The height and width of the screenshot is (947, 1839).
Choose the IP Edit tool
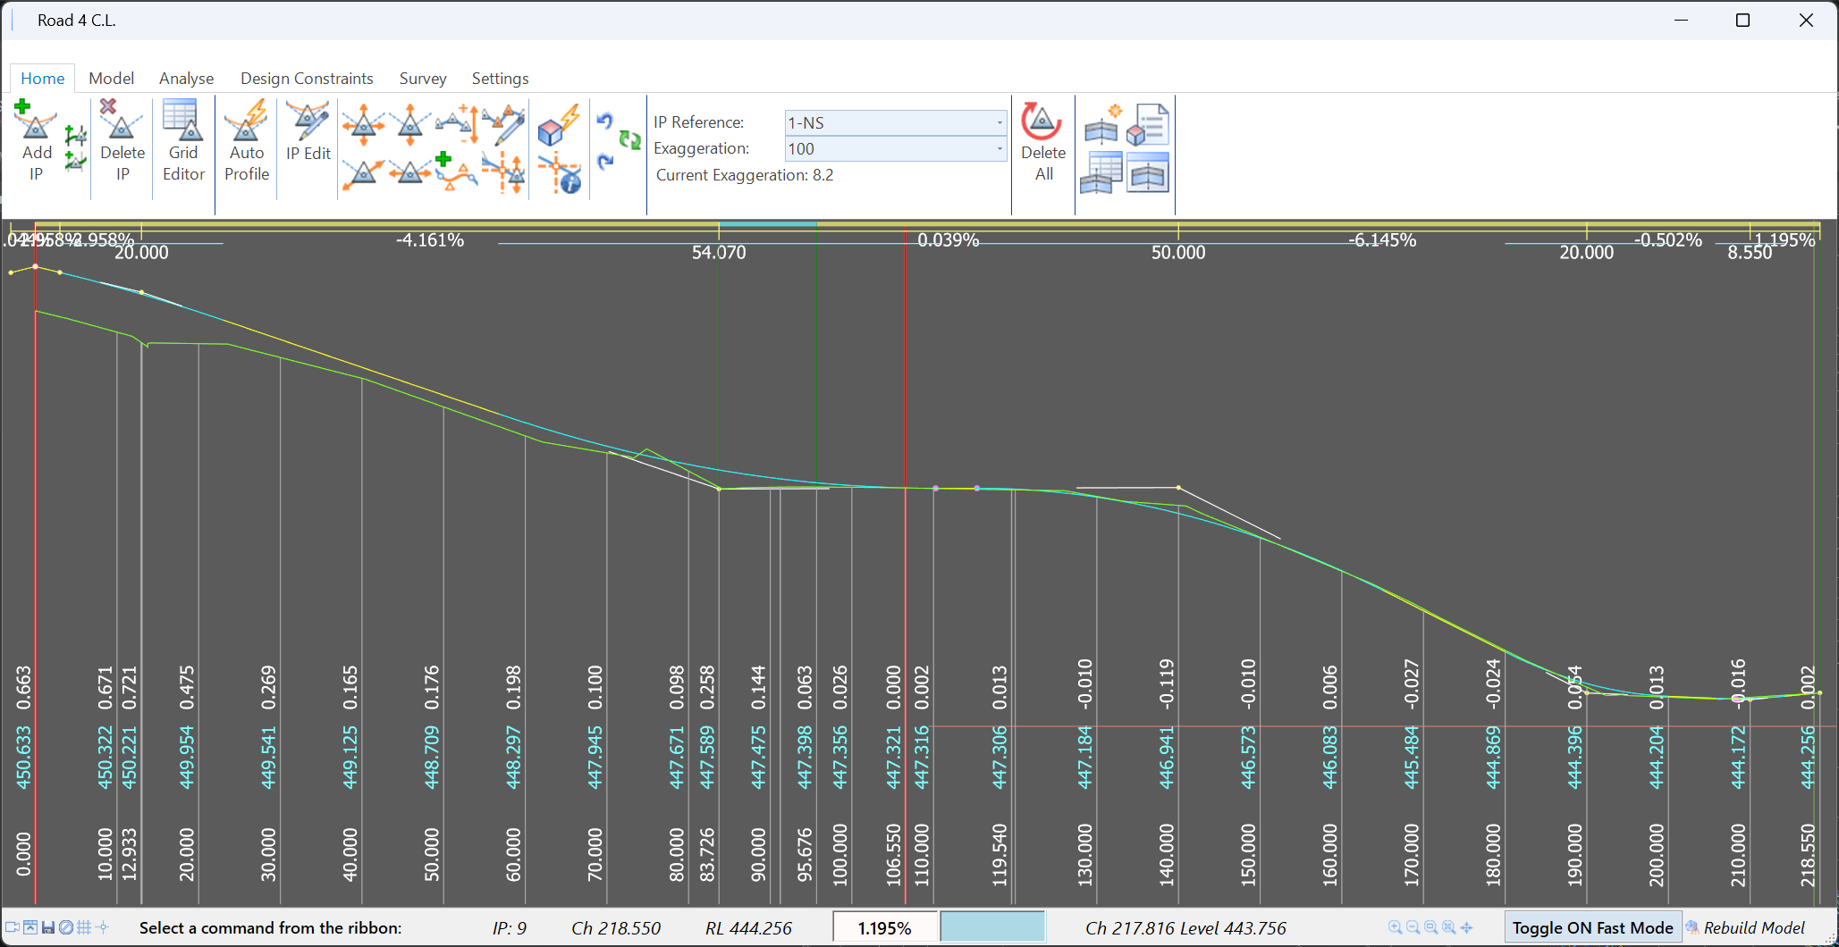308,131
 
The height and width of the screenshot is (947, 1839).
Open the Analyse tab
186,79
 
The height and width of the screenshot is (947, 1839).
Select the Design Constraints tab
307,79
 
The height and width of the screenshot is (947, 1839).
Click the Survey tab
423,79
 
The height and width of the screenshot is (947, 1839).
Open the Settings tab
500,79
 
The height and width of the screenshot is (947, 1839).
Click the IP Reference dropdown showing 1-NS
895,122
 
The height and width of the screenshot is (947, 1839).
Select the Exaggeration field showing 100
895,148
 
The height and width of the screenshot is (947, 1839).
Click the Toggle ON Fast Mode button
1592,928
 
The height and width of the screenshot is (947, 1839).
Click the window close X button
1806,21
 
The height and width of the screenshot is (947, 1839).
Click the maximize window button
1742,21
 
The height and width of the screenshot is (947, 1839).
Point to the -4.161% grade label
430,240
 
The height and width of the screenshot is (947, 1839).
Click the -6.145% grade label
1382,240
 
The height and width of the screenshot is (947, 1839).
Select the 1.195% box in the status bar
884,928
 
